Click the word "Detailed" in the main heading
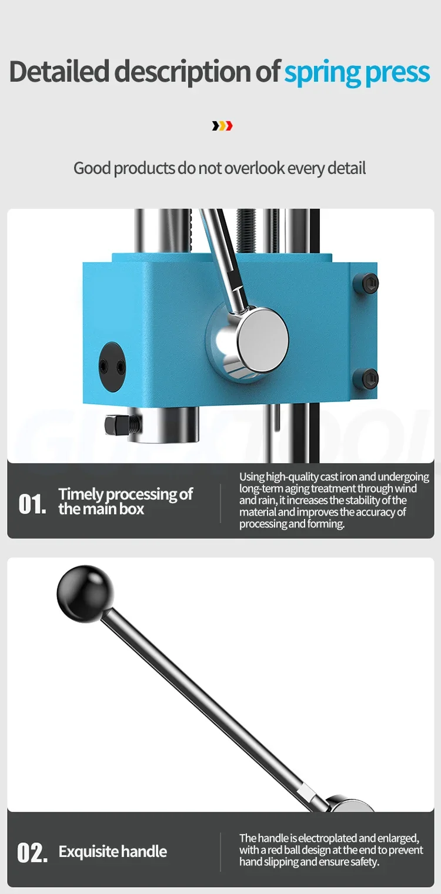coord(59,71)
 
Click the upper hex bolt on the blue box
coord(370,283)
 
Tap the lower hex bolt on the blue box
coord(370,377)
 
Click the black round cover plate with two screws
coord(112,366)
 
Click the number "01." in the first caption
coord(32,504)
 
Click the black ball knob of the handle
coord(85,594)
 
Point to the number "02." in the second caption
coord(32,852)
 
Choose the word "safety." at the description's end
coord(365,862)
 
